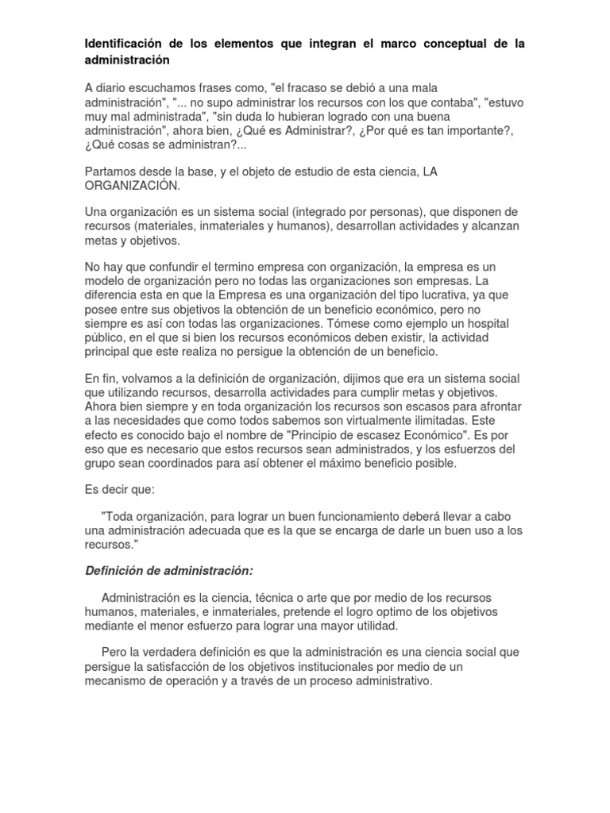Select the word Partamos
click(111, 171)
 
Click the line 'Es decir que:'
click(121, 490)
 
